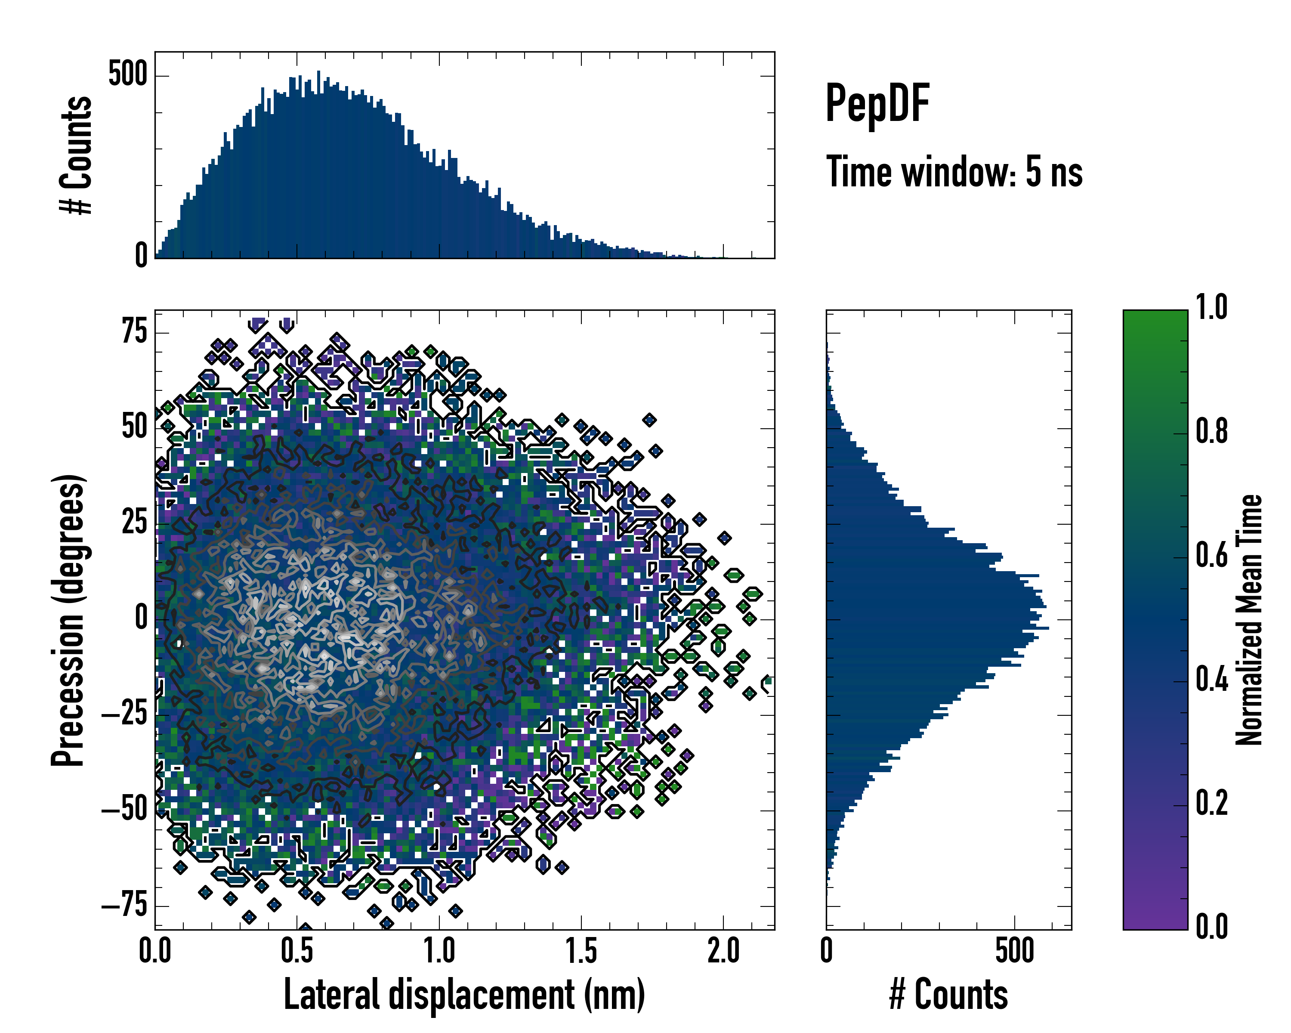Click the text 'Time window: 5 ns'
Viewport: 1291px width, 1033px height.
954,172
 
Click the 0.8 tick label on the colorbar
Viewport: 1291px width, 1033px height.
1211,431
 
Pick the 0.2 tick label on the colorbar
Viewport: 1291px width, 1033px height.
1211,802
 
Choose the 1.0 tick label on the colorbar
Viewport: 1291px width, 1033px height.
1211,307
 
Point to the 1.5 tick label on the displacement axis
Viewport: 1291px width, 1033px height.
581,951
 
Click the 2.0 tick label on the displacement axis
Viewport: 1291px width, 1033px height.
723,951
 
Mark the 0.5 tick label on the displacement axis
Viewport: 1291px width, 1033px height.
297,951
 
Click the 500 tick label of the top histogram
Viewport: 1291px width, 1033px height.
127,75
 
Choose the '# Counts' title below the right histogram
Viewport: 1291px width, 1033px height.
948,994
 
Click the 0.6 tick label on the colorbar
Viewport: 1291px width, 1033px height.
1211,556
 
